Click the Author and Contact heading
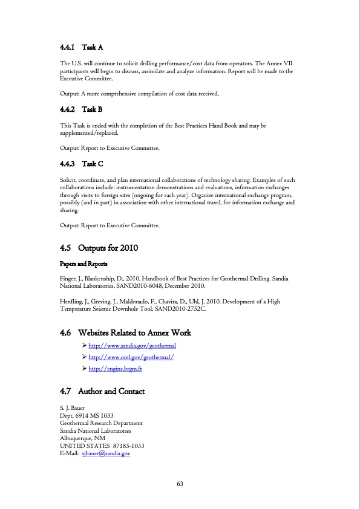click(x=102, y=392)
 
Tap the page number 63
click(x=180, y=484)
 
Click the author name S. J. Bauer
click(x=73, y=408)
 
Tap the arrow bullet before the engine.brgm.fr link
click(x=83, y=368)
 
